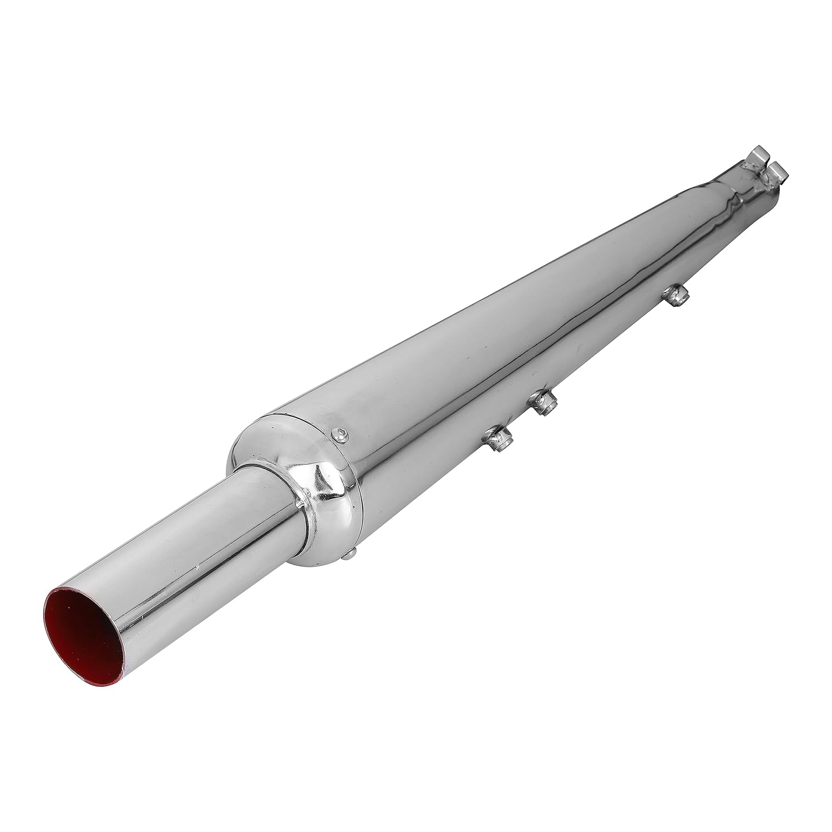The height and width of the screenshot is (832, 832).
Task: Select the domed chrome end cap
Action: coord(300,466)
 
